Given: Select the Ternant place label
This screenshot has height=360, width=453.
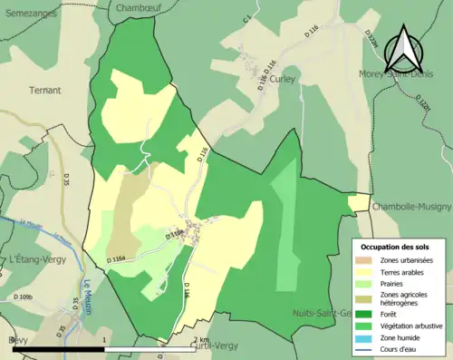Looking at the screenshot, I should (44, 90).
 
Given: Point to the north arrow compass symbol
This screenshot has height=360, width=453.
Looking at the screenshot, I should (407, 50).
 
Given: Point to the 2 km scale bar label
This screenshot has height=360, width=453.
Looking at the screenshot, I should (201, 340).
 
